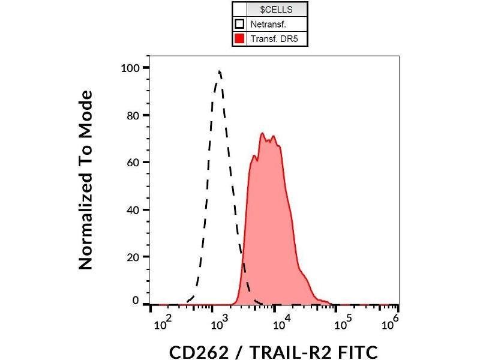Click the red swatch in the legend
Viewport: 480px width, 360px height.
[239, 40]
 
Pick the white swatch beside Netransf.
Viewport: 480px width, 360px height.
[239, 25]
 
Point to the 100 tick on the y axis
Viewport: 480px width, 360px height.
[131, 68]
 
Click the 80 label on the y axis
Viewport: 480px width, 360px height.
[134, 115]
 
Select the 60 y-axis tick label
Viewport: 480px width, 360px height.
[134, 163]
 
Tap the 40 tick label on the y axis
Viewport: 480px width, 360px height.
[134, 210]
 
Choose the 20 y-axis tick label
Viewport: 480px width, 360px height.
[134, 257]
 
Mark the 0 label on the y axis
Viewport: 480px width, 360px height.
[136, 301]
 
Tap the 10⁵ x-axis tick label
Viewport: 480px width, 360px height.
[343, 325]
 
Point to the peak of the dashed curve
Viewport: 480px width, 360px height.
[220, 71]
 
